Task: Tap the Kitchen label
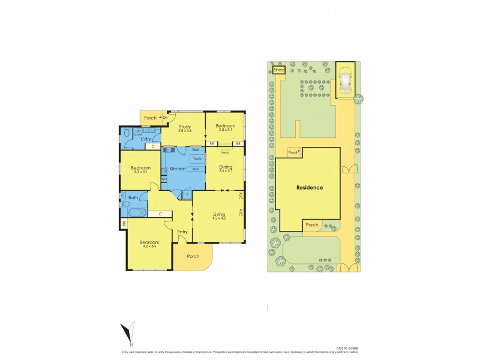point(178,169)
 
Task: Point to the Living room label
point(218,214)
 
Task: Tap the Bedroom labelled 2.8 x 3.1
point(225,127)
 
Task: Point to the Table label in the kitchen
point(196,159)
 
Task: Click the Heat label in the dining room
point(225,152)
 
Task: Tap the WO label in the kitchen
point(164,179)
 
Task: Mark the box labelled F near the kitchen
point(187,195)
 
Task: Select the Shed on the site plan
point(278,70)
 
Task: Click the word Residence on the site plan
point(310,188)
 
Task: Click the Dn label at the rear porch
point(165,118)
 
